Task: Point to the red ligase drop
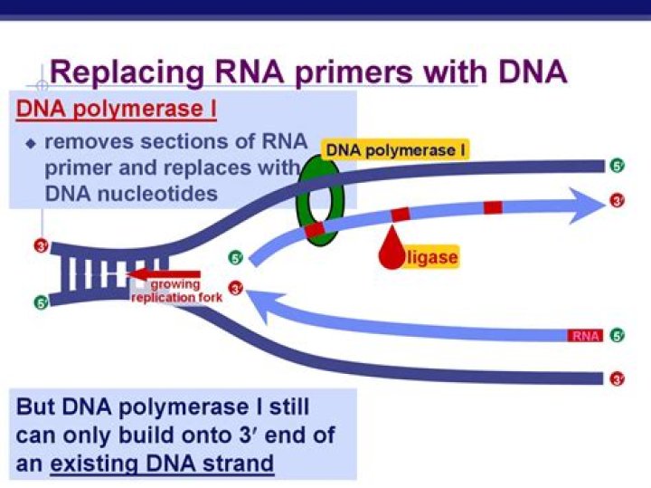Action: tap(392, 256)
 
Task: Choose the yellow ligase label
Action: tap(431, 258)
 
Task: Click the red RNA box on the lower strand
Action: tap(585, 336)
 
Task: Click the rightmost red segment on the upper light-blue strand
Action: tap(493, 207)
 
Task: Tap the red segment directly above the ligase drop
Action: tap(400, 215)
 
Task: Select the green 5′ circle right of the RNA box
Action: tap(618, 336)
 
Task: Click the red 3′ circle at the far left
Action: tap(40, 245)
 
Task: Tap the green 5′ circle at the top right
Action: tap(618, 166)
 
